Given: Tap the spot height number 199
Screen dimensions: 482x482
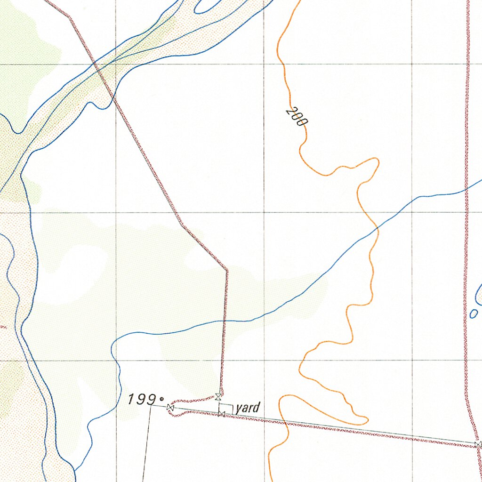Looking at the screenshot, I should [141, 400].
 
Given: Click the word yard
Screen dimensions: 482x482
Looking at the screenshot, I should [248, 408].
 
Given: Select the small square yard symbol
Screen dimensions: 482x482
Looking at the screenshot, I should [226, 409].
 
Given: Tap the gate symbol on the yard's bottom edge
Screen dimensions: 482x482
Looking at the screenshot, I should [221, 413].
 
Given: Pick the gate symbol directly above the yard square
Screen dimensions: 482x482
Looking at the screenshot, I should [218, 396].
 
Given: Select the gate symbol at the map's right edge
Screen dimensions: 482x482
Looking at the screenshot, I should [478, 444].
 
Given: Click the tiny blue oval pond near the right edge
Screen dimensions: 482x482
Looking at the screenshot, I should [474, 313].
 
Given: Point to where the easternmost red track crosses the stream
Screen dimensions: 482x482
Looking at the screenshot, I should [466, 190].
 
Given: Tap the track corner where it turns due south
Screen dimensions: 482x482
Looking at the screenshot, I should [227, 270].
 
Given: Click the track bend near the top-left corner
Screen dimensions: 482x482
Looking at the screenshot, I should [70, 17].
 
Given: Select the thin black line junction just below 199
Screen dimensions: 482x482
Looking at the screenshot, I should [151, 405].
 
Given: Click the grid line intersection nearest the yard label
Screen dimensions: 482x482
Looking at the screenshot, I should [264, 361].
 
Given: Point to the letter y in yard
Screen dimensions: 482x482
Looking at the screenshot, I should [239, 409].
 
